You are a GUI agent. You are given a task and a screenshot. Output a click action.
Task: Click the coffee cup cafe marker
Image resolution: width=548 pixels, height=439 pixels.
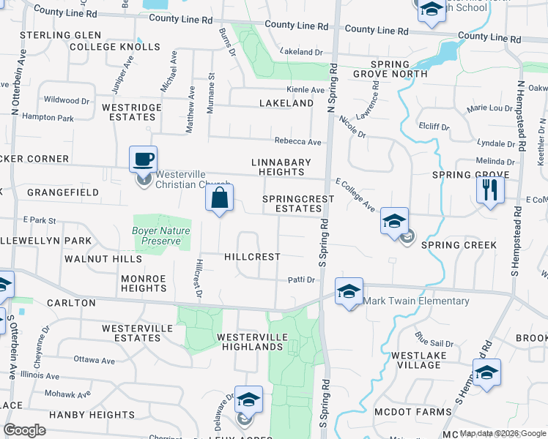click(143, 159)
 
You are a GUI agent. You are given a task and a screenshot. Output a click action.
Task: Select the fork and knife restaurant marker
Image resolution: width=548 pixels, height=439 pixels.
click(490, 190)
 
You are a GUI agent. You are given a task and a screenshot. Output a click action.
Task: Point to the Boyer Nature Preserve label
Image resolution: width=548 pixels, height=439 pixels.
click(160, 236)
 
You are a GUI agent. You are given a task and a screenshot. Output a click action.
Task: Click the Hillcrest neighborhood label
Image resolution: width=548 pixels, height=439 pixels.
click(252, 257)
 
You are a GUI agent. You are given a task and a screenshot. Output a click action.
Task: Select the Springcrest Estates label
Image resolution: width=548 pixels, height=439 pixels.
click(292, 203)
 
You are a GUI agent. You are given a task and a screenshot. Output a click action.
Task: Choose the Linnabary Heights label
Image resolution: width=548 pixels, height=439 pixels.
click(281, 167)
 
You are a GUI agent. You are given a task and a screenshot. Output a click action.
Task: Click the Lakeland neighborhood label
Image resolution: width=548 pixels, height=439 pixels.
click(286, 103)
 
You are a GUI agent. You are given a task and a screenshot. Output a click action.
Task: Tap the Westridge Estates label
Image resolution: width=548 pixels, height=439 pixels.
click(131, 112)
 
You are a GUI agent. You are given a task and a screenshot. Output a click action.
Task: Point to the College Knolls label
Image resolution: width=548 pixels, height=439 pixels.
click(115, 47)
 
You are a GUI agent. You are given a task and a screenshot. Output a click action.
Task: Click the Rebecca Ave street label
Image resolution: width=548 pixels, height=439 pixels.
click(298, 141)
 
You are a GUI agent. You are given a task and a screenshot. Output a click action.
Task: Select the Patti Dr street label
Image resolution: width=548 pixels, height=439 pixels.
click(301, 279)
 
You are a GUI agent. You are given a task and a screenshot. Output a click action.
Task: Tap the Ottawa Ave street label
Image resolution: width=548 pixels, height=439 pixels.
click(95, 360)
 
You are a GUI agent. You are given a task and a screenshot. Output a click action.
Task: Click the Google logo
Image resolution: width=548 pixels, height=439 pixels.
click(25, 430)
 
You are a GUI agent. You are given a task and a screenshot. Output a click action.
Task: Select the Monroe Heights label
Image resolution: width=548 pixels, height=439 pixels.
click(144, 283)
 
